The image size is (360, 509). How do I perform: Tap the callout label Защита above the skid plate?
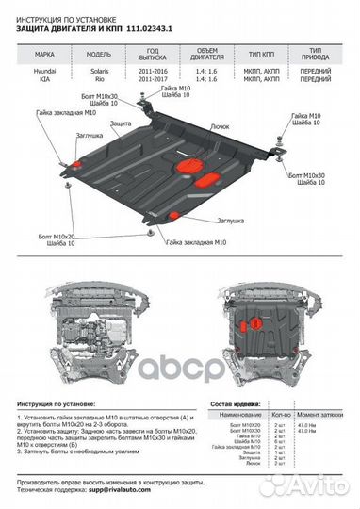coord(120,123)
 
